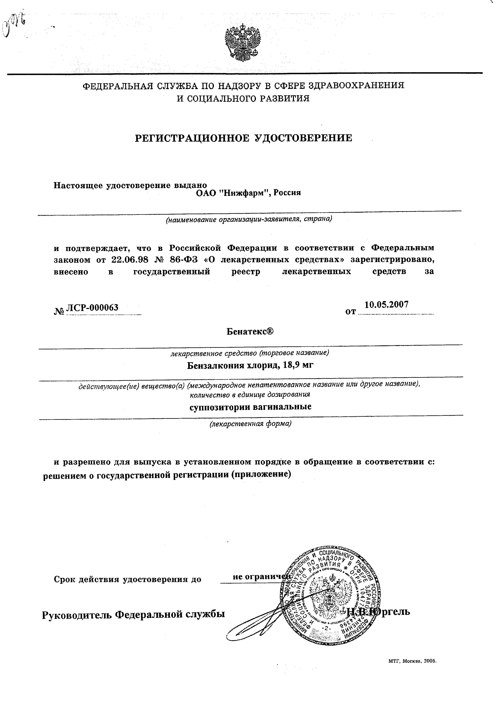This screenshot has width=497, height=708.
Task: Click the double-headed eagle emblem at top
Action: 242,42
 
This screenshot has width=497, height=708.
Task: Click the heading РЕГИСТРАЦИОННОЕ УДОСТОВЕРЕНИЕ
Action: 243,138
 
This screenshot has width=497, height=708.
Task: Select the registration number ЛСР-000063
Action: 92,308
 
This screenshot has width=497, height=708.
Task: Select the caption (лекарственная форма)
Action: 250,424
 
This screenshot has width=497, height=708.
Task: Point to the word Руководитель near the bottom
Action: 76,614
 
